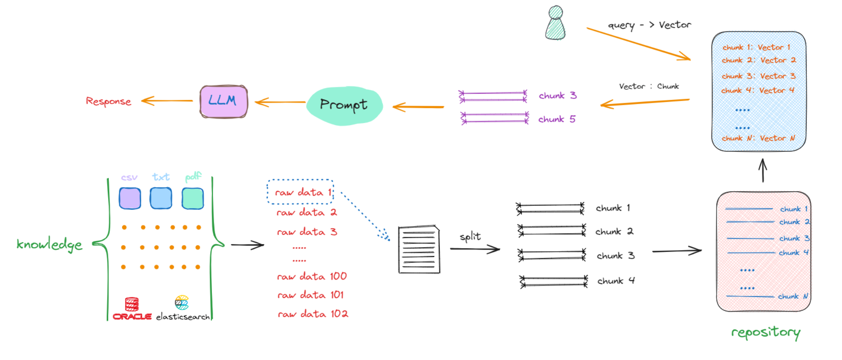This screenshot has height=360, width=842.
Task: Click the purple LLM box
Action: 224,101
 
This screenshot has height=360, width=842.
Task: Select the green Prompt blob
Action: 344,105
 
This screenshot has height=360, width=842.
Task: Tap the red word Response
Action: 108,102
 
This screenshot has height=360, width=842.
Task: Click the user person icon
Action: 555,23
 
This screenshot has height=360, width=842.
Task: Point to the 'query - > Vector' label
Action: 649,25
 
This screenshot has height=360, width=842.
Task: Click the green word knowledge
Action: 49,244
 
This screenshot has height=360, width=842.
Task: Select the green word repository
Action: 766,333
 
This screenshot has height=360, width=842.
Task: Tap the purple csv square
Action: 130,198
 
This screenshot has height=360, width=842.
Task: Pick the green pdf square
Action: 193,198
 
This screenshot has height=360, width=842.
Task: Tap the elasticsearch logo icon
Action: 182,303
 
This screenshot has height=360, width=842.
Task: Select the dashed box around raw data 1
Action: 301,192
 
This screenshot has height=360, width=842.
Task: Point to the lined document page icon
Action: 419,250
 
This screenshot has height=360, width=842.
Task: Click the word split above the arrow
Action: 470,237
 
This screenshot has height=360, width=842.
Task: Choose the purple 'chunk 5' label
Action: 557,120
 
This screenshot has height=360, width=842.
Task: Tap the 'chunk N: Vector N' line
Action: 758,138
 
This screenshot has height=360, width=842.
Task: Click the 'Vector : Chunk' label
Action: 648,86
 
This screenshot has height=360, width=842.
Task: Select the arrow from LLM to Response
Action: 167,101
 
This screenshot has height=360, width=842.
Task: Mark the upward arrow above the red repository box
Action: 763,170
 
